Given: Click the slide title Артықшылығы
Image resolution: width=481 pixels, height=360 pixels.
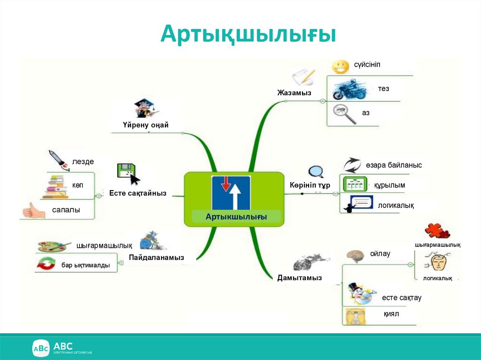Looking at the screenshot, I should click(x=248, y=35).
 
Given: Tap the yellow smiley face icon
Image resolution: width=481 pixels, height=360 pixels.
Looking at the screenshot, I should click(x=340, y=67).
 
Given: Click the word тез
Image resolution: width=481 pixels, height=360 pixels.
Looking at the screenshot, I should click(x=383, y=88).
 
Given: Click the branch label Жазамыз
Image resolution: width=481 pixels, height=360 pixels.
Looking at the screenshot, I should click(x=294, y=92).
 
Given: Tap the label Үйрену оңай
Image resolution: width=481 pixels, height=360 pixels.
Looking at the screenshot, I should click(x=146, y=125).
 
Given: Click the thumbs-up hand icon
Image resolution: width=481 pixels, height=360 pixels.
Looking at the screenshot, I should click(x=34, y=211).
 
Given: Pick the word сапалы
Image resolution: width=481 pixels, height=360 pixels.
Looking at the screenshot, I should click(x=66, y=210).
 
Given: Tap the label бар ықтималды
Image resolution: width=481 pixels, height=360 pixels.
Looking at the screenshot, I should click(x=85, y=265).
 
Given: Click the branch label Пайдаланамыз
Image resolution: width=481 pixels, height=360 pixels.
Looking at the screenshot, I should click(x=156, y=257).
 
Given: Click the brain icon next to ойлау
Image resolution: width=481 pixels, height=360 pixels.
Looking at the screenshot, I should click(x=356, y=255).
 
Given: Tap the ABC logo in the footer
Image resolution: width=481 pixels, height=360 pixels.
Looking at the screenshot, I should click(x=41, y=348).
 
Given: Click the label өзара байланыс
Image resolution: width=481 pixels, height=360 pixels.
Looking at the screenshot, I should click(x=394, y=165).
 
